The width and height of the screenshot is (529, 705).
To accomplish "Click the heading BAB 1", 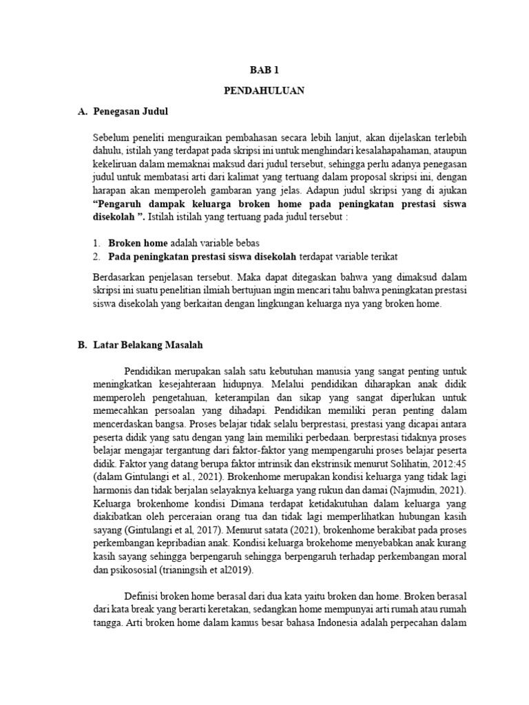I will point(264,70).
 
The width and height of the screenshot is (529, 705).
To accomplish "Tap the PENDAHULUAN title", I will point(264,90).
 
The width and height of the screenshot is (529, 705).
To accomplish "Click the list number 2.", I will point(96,256).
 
